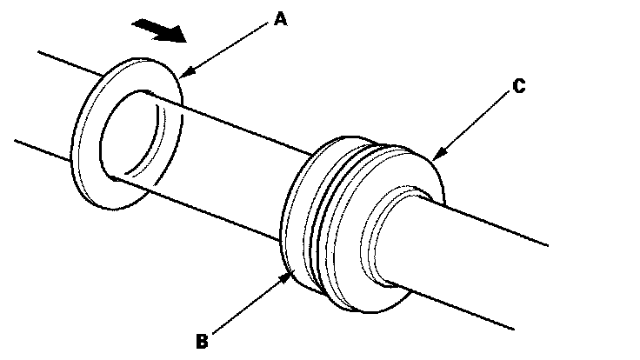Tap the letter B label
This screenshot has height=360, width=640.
[x=202, y=341]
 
